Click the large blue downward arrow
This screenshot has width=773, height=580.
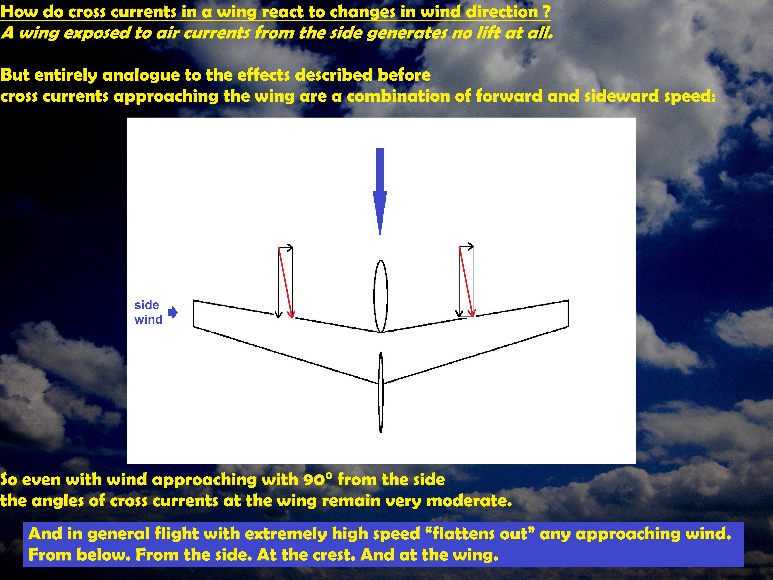[x=380, y=191]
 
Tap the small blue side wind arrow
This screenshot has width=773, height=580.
[x=173, y=313]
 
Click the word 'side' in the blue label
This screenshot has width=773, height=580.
[x=146, y=305]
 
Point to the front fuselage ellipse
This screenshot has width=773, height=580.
[x=381, y=296]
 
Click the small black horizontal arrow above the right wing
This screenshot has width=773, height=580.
[x=466, y=246]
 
